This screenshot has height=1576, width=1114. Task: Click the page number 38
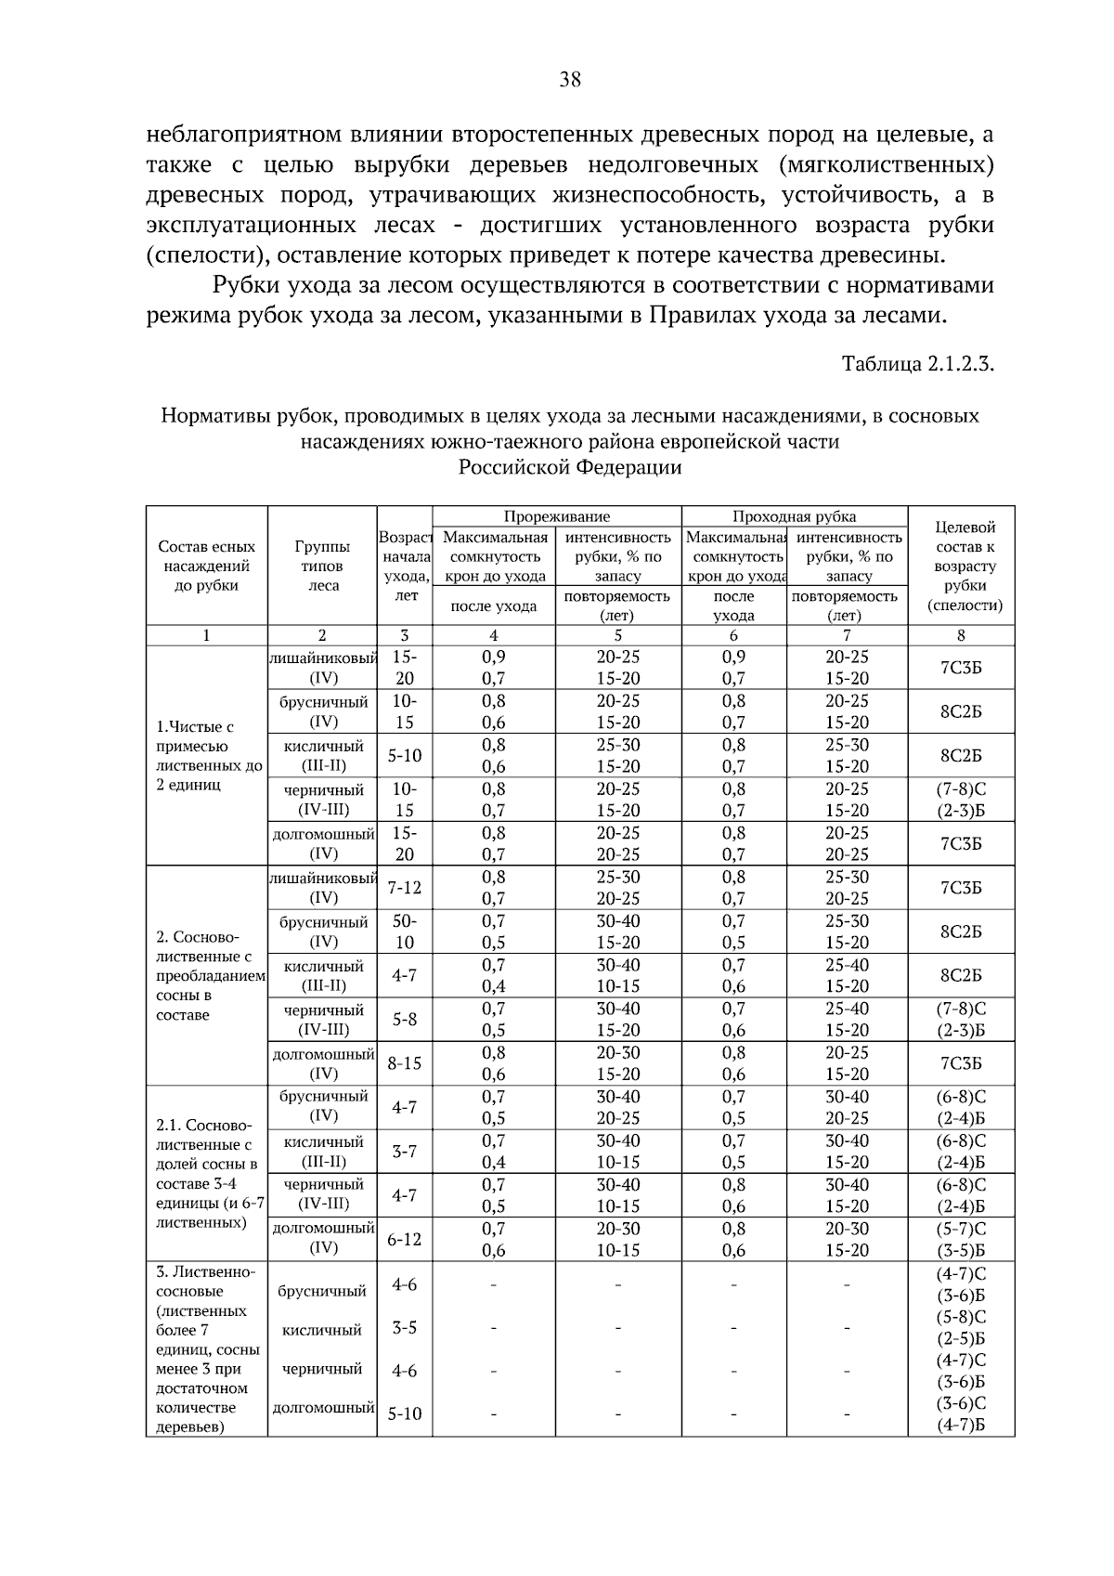[x=570, y=80]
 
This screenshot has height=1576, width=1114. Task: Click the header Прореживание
[x=556, y=516]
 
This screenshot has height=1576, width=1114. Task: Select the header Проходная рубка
[x=794, y=516]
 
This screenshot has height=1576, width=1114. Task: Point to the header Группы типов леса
[x=322, y=566]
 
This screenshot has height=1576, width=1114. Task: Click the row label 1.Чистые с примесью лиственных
[x=208, y=756]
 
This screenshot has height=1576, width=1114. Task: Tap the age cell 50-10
[x=404, y=931]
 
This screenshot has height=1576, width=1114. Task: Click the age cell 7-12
[x=404, y=888]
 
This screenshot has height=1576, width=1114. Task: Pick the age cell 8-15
[x=404, y=1063]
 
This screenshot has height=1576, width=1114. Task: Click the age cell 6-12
[x=404, y=1239]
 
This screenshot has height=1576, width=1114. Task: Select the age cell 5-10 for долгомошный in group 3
[x=404, y=1414]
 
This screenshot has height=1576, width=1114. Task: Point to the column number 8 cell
[x=961, y=636]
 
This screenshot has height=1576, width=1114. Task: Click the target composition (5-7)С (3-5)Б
[x=961, y=1239]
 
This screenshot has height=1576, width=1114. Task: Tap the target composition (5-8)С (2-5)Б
[x=961, y=1328]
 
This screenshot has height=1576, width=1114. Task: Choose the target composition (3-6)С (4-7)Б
[x=961, y=1414]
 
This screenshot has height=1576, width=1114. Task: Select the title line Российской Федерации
[x=570, y=467]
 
